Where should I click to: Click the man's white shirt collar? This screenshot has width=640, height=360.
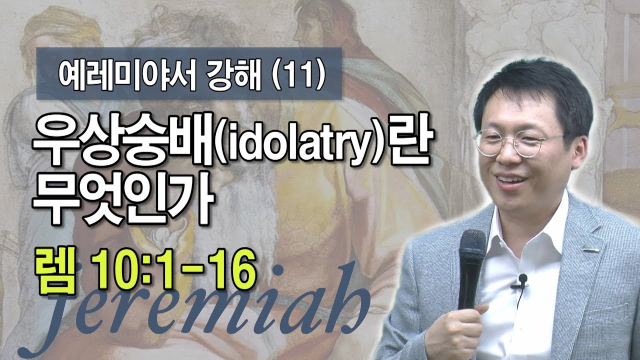click(x=542, y=220)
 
